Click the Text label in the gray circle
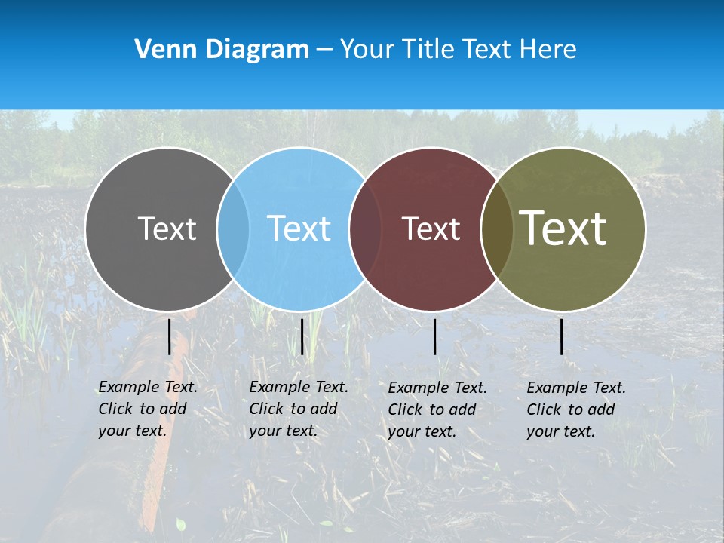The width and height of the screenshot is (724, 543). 167,229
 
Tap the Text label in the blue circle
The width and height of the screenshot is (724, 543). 299,229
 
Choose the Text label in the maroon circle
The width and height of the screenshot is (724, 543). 431,229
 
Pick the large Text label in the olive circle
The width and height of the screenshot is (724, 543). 563,229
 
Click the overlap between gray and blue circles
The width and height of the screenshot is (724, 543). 233,229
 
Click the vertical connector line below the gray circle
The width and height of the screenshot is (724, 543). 170,336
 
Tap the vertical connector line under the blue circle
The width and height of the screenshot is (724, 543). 302,336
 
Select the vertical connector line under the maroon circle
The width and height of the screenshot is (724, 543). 435,336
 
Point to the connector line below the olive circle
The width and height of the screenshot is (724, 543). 562,336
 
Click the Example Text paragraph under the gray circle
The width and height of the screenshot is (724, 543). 148,409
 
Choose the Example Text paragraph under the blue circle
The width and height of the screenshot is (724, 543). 299,409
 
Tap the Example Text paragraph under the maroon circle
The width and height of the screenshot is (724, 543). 437,410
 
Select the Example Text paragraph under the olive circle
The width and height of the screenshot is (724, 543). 576,410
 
